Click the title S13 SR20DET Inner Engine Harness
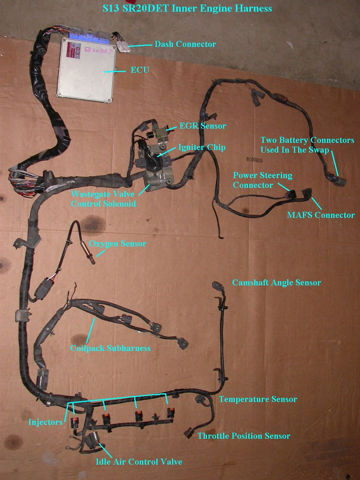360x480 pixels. click(x=187, y=8)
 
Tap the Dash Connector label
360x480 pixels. click(x=185, y=44)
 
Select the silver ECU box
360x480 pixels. click(x=85, y=69)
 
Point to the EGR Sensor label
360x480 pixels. click(x=202, y=126)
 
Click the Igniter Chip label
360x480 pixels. click(x=202, y=147)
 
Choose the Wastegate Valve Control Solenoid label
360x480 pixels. click(x=103, y=199)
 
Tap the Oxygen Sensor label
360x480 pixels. click(x=117, y=244)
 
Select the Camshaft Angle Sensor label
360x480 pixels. click(x=276, y=282)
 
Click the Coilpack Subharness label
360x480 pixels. click(x=110, y=348)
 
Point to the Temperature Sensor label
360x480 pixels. click(x=258, y=399)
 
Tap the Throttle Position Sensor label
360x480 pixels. click(x=244, y=436)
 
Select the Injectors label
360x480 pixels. click(x=45, y=422)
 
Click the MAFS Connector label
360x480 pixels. click(x=321, y=215)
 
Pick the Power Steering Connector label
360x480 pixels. click(x=262, y=180)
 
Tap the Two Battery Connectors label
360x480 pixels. click(x=307, y=145)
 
